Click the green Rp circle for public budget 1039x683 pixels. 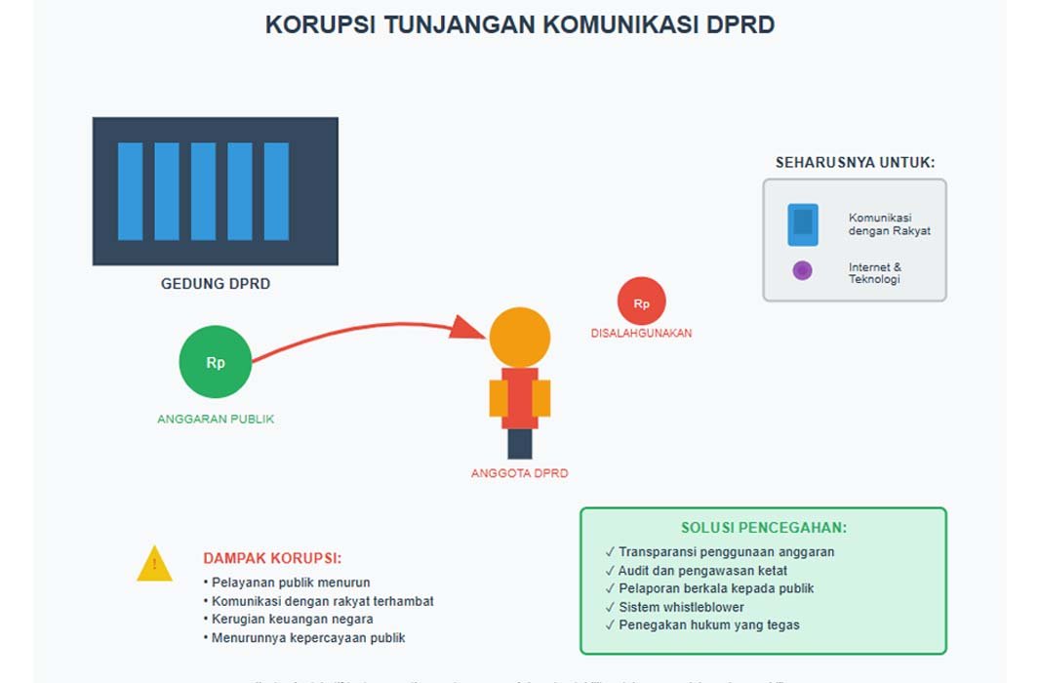[216, 362]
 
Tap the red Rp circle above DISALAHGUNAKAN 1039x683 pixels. [641, 302]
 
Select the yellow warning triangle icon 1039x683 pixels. [154, 565]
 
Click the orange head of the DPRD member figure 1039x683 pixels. [520, 338]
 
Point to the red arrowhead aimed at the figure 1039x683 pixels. [467, 327]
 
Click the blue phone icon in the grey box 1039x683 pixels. [803, 224]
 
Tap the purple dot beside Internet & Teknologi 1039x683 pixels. [802, 271]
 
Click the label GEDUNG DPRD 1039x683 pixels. [216, 284]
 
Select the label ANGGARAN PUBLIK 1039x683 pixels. [216, 419]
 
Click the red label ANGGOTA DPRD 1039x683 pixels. [519, 473]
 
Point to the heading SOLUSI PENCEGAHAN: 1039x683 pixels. [763, 528]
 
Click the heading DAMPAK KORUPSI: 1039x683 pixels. [272, 558]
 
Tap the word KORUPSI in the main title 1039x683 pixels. [320, 25]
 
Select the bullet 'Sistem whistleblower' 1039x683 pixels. [681, 607]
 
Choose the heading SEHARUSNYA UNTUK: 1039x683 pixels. [855, 163]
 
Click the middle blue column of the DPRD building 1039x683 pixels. [203, 191]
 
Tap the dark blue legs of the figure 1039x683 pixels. [520, 444]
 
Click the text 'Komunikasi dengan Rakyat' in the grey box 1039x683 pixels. [889, 224]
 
